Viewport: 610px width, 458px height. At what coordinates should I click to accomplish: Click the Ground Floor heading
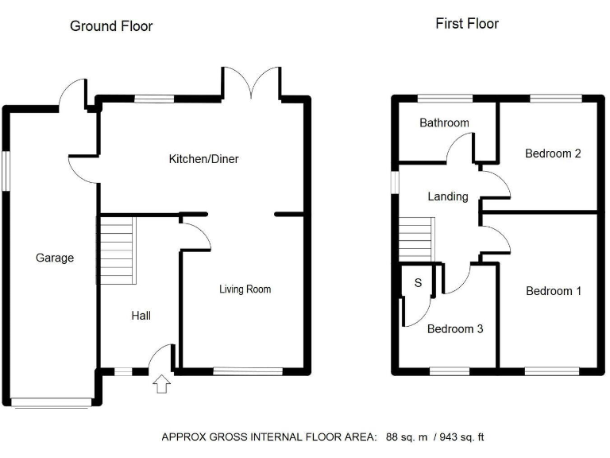[x=111, y=26]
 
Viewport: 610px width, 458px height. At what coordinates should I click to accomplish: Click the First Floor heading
[x=467, y=24]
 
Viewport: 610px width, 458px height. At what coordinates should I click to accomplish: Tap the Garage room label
[x=55, y=258]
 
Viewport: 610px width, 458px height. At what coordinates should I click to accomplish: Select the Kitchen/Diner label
[x=203, y=159]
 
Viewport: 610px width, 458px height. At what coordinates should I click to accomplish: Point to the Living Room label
[x=245, y=289]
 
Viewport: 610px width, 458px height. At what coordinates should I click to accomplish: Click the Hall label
[x=141, y=316]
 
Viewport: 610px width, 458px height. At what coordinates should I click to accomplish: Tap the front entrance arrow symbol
[x=161, y=385]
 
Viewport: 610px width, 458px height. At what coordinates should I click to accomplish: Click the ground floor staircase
[x=117, y=250]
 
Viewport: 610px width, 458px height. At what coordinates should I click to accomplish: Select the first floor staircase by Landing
[x=418, y=241]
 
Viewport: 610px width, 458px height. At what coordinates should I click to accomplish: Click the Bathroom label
[x=444, y=123]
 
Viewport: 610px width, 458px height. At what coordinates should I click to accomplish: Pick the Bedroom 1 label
[x=554, y=291]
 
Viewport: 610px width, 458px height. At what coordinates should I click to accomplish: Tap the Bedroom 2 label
[x=553, y=153]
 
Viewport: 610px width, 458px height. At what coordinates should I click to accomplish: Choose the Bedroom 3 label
[x=454, y=328]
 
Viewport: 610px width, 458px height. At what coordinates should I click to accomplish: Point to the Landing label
[x=448, y=196]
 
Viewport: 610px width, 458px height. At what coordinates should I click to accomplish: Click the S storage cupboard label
[x=416, y=283]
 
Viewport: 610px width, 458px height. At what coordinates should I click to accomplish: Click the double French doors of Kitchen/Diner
[x=251, y=84]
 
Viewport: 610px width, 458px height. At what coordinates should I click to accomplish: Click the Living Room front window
[x=248, y=370]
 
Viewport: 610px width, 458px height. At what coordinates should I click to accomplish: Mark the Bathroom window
[x=446, y=99]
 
